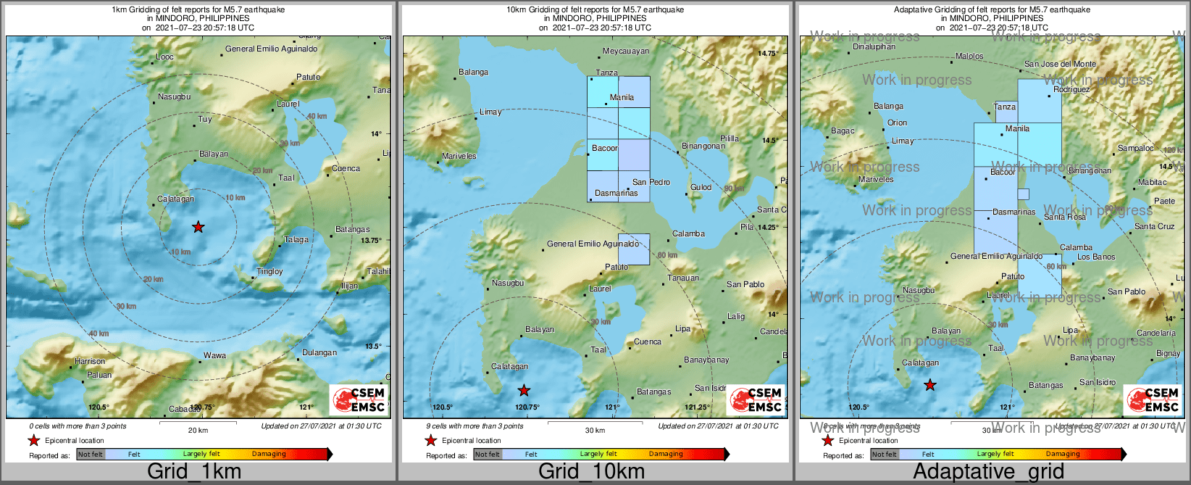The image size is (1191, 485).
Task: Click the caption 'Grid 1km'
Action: (194, 471)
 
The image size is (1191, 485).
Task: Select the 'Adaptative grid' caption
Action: (988, 471)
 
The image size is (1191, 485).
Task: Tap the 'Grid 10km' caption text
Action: (591, 471)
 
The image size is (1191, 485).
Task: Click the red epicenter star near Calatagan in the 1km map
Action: (198, 228)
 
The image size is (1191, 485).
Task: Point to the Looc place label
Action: (164, 57)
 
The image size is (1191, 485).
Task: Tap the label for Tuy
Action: (205, 120)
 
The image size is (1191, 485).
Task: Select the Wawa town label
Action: (214, 355)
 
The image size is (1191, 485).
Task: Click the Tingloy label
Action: (269, 272)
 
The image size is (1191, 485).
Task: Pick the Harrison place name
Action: (90, 361)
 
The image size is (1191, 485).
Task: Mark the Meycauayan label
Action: (626, 51)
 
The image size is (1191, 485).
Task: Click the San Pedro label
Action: (651, 182)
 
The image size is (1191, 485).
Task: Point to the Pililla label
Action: (729, 138)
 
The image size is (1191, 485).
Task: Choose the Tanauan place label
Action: (683, 278)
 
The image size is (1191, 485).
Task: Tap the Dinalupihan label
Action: (874, 46)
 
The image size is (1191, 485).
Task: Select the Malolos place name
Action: (969, 56)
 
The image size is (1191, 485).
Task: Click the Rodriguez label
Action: (1071, 90)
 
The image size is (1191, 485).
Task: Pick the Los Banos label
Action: (1096, 257)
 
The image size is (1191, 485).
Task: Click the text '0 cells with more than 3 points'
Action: (78, 426)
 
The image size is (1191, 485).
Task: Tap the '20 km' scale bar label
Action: (198, 430)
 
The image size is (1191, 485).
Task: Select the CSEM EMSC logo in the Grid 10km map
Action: (756, 399)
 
